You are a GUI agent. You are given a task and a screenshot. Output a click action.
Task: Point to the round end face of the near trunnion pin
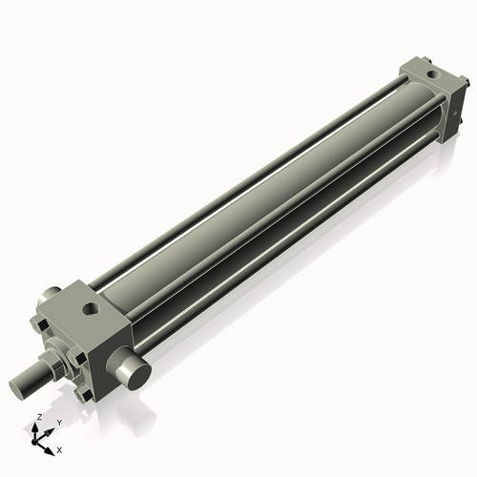[x=136, y=369]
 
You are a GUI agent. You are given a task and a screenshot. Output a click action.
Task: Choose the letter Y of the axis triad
[x=58, y=423]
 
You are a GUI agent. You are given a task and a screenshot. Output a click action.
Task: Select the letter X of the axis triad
[x=60, y=448]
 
